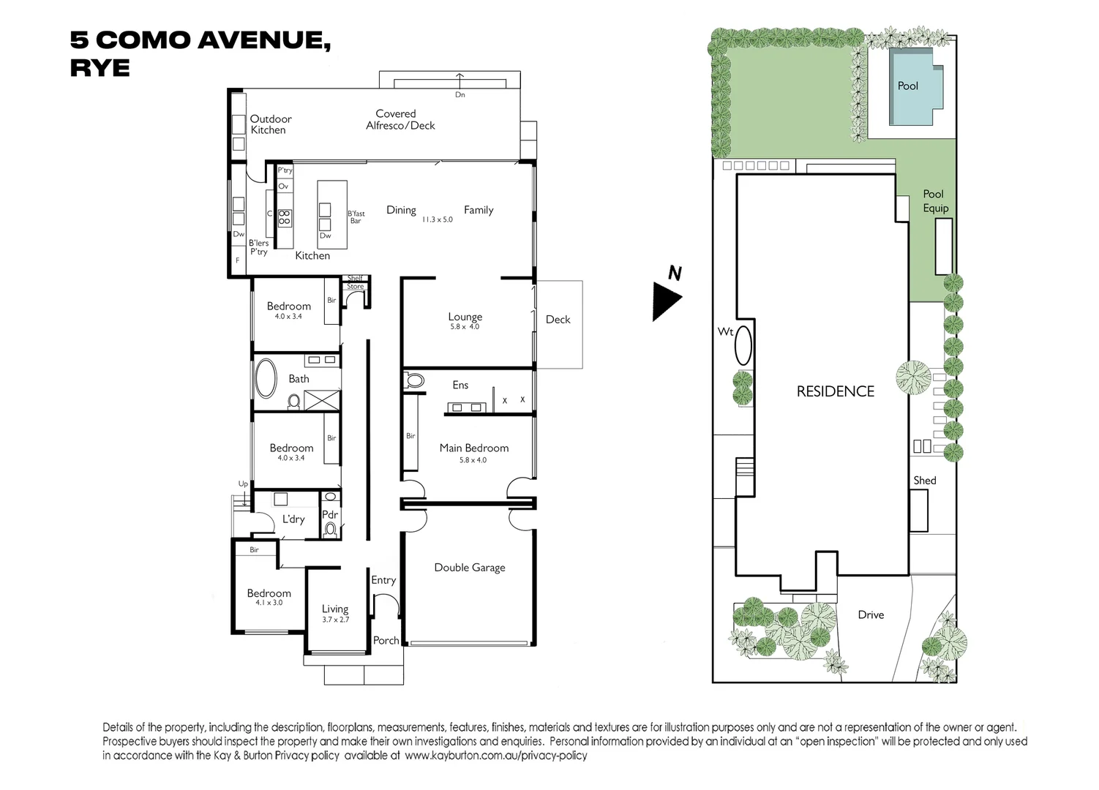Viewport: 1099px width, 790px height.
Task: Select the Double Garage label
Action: click(x=470, y=568)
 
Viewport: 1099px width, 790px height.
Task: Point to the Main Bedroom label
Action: click(x=473, y=448)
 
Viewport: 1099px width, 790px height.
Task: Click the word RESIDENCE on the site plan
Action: click(x=835, y=391)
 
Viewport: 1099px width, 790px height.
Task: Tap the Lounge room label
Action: click(x=465, y=317)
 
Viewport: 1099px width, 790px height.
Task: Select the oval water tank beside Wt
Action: click(x=743, y=345)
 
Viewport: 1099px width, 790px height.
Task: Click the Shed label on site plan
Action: click(x=924, y=481)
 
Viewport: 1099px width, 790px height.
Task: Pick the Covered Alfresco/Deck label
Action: click(x=400, y=120)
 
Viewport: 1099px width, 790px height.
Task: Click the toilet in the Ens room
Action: click(x=414, y=380)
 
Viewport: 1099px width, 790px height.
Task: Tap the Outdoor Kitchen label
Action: click(x=270, y=124)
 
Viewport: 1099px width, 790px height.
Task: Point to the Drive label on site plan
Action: click(x=871, y=614)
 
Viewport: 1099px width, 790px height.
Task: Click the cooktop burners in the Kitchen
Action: click(x=285, y=218)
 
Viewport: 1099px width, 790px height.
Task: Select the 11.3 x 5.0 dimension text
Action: click(x=437, y=219)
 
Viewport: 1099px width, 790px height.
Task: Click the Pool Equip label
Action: click(x=934, y=201)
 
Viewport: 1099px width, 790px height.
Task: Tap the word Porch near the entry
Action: click(x=386, y=640)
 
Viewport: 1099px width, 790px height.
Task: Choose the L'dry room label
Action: click(x=293, y=519)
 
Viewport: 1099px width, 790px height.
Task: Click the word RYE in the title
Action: click(x=100, y=67)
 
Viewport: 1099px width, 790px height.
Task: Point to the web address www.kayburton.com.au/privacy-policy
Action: click(x=495, y=756)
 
